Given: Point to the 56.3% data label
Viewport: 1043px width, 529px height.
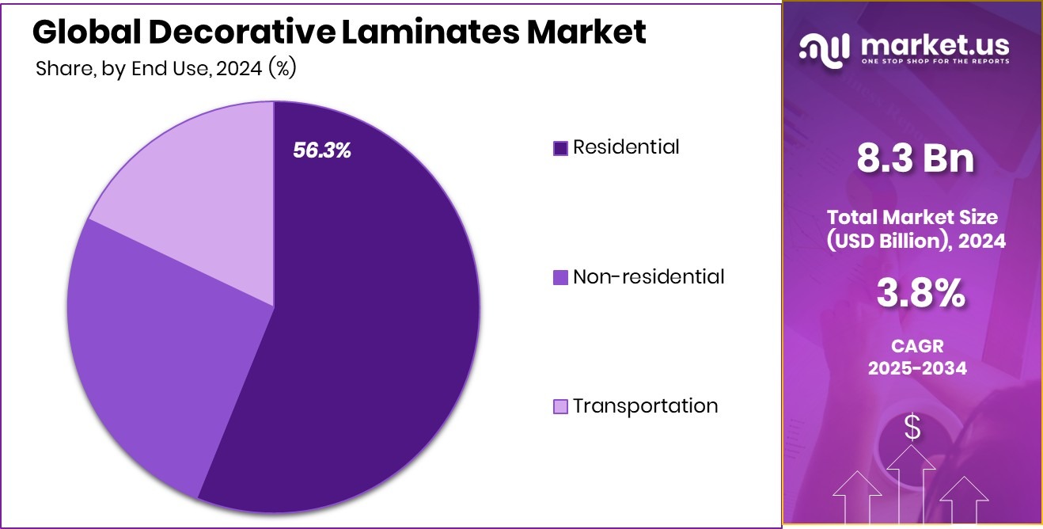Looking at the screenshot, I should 322,150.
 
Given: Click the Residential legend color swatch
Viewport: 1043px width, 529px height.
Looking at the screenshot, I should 560,148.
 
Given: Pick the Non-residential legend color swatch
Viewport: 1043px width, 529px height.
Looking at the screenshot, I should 560,277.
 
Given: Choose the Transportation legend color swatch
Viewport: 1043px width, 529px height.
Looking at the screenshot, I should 560,407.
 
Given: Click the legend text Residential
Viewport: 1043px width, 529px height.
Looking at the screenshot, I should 626,147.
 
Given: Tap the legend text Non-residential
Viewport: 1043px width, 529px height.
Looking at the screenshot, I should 648,276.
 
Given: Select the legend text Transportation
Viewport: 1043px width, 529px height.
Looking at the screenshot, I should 645,405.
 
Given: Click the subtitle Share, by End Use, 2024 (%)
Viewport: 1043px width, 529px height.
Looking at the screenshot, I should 166,69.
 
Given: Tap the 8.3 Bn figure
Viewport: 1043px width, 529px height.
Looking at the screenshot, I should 916,158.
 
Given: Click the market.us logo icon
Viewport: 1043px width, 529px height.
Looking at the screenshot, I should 824,50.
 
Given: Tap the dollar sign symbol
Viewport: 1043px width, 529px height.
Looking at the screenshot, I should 912,428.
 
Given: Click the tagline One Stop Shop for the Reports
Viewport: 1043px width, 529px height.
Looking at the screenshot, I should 934,62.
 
